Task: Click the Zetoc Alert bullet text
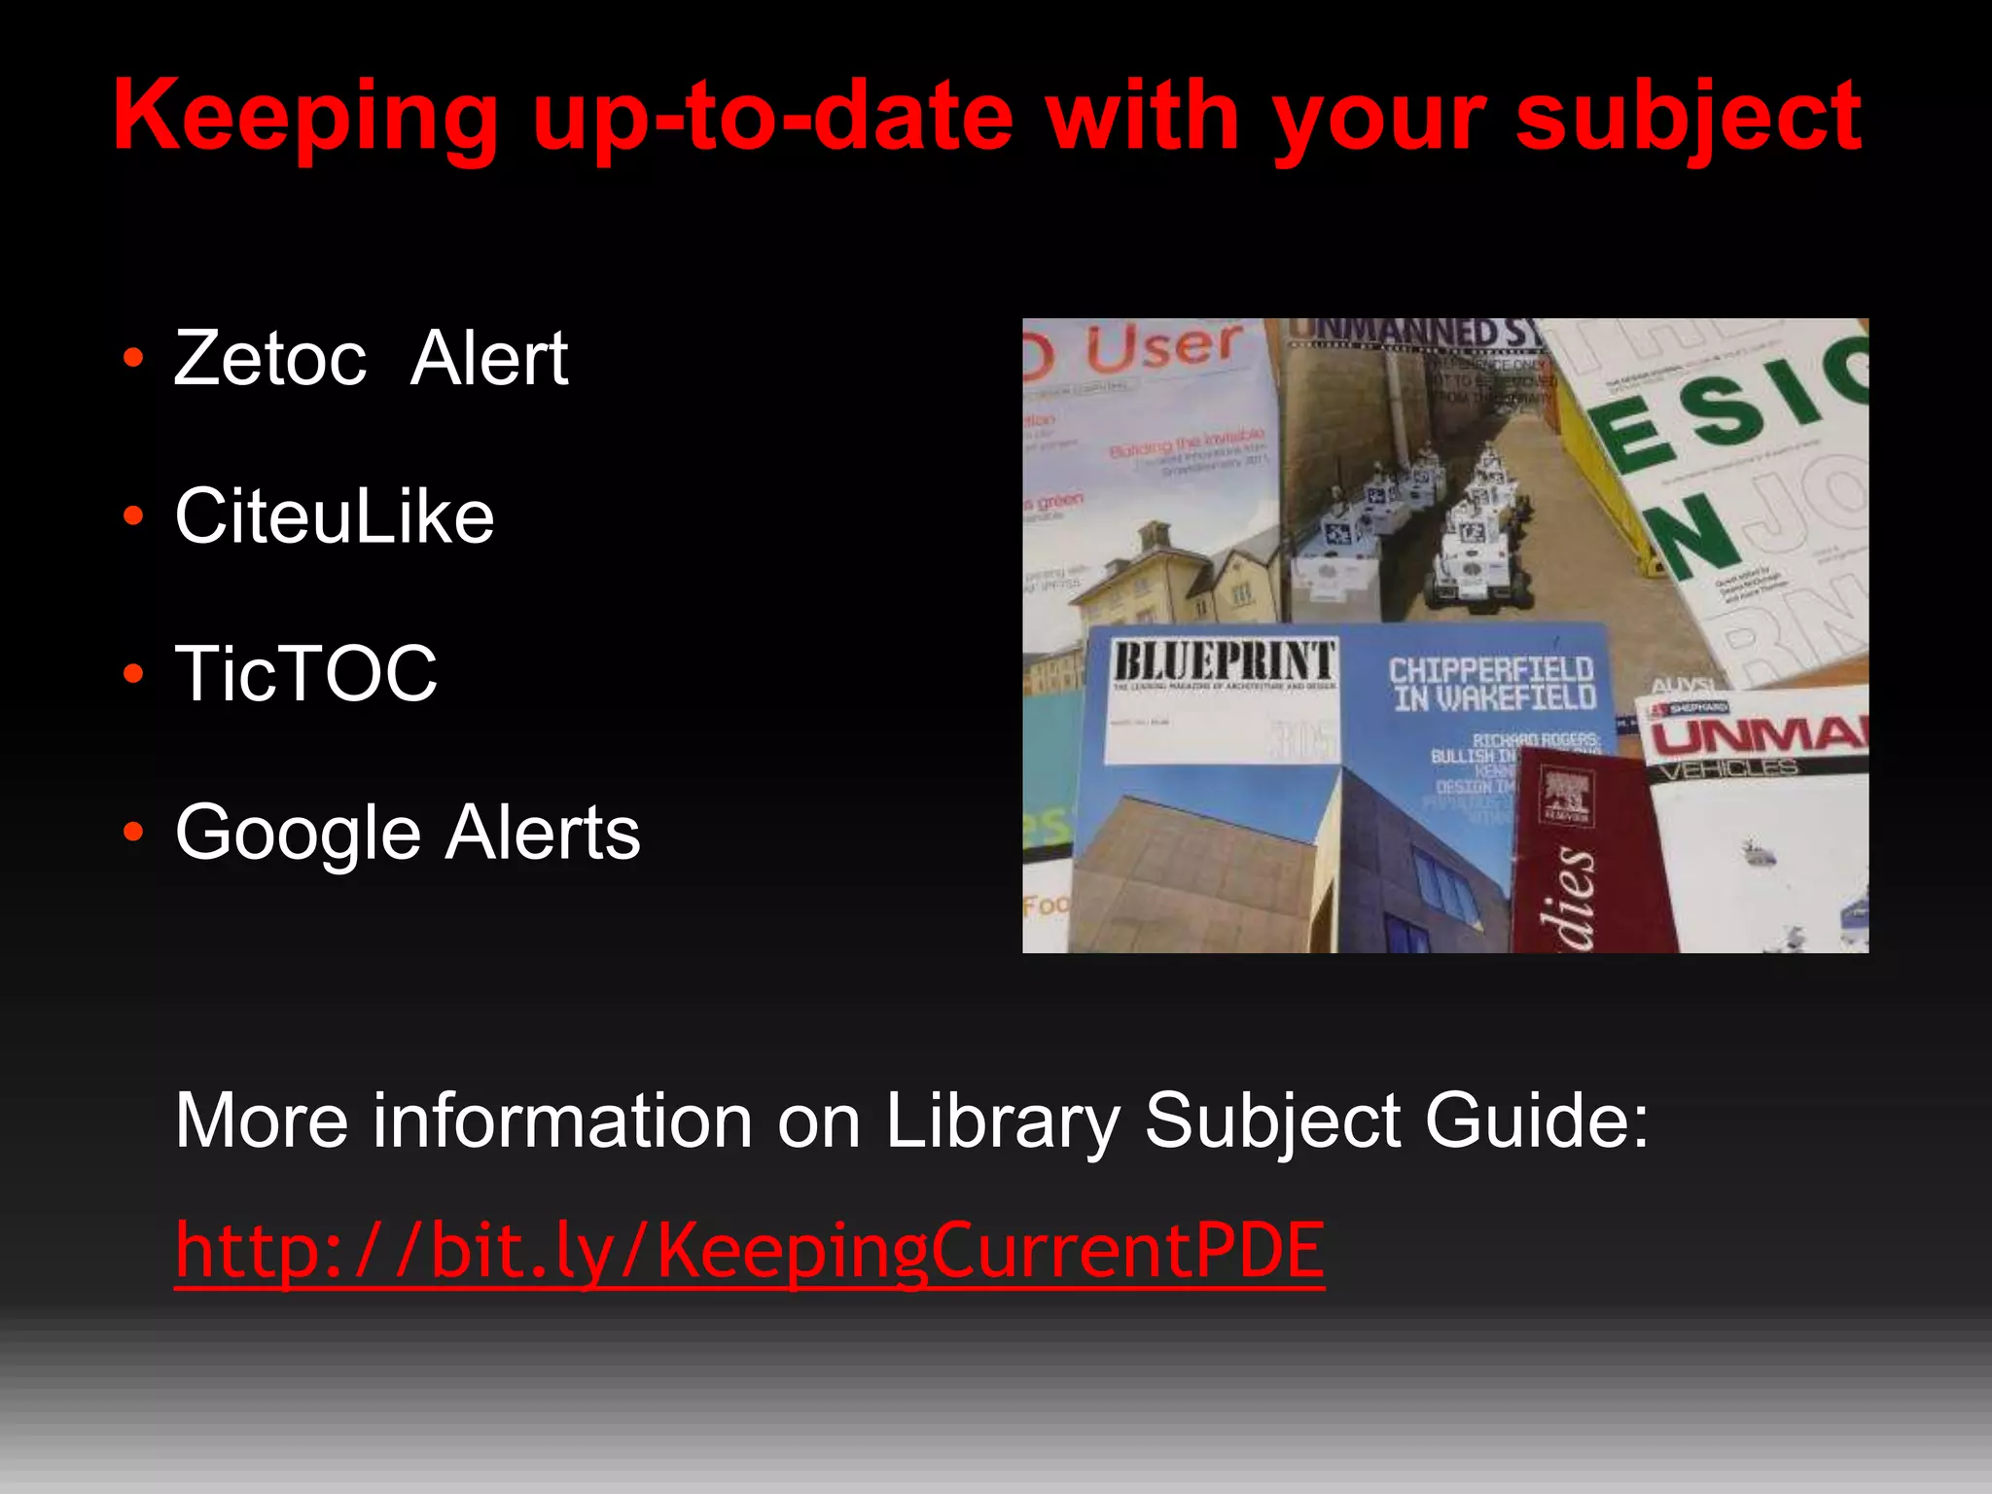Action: [x=371, y=358]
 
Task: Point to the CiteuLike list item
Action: [x=335, y=516]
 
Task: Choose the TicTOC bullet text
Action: [x=306, y=673]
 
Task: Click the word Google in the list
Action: [x=298, y=834]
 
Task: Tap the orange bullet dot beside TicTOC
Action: [x=134, y=673]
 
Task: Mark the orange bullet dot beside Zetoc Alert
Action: [x=134, y=358]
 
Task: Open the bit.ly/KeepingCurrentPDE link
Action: [x=749, y=1251]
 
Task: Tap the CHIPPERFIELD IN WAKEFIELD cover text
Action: [x=1492, y=683]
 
